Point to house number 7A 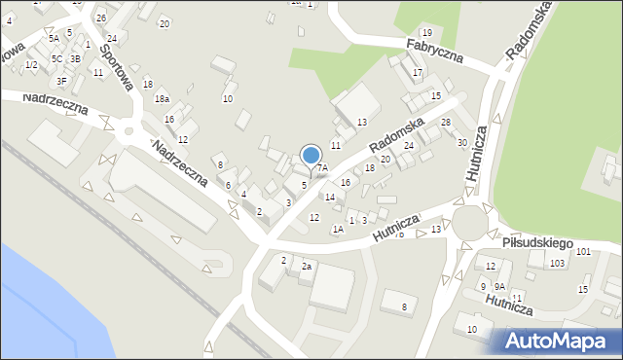(x=322, y=168)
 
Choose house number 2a (x=306, y=266)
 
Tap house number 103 (x=557, y=264)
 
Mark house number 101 (x=582, y=252)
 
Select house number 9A (x=498, y=286)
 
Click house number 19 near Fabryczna (x=426, y=33)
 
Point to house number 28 (x=446, y=122)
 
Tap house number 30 (x=462, y=142)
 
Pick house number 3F (x=61, y=81)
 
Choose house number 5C (x=57, y=58)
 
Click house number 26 (x=101, y=18)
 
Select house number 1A (x=338, y=229)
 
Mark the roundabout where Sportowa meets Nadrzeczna (x=128, y=129)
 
